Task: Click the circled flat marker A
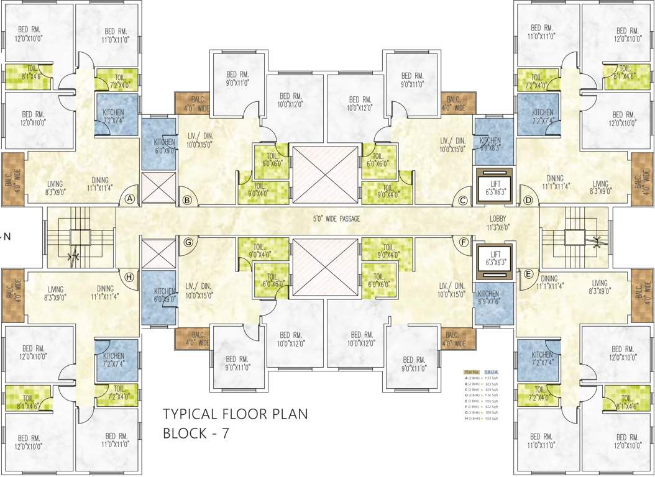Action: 130,199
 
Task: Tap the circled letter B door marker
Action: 186,200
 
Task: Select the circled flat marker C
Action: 462,200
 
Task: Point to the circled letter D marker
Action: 528,200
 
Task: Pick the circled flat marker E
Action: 529,273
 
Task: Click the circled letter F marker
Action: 463,242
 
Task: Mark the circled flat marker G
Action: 186,242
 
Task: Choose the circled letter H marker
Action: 129,277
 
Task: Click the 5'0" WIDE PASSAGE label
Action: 336,219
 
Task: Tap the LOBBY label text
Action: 498,219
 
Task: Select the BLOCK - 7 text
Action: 196,434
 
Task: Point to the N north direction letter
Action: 7,236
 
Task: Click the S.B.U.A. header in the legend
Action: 491,371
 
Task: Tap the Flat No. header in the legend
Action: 472,371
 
